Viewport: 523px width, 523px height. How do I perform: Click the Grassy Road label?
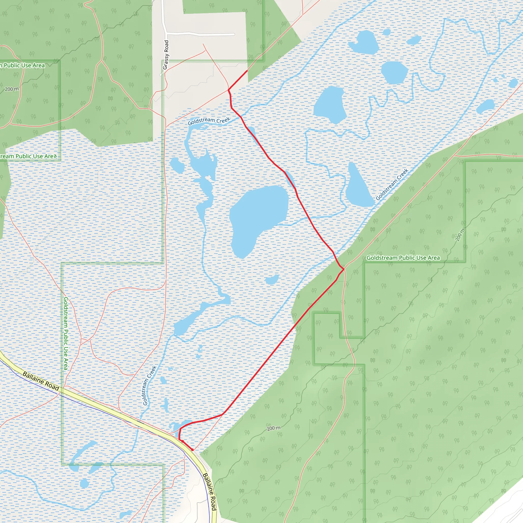coord(166,55)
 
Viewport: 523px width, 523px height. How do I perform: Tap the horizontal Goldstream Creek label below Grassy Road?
coord(209,121)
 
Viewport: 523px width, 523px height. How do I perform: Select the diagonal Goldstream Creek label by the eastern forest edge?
coord(392,184)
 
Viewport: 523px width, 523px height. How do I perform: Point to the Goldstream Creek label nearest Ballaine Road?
coord(149,385)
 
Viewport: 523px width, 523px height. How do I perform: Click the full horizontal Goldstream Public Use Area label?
coord(403,258)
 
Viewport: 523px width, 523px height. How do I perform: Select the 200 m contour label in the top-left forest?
coord(12,89)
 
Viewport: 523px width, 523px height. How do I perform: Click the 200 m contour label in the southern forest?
coord(274,428)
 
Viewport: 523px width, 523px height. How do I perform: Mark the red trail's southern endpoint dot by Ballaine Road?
coord(192,450)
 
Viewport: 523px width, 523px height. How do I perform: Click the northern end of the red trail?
coord(247,71)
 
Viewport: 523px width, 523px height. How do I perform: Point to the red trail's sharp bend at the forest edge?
coord(344,269)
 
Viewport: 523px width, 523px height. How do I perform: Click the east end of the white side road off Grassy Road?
coord(234,34)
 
